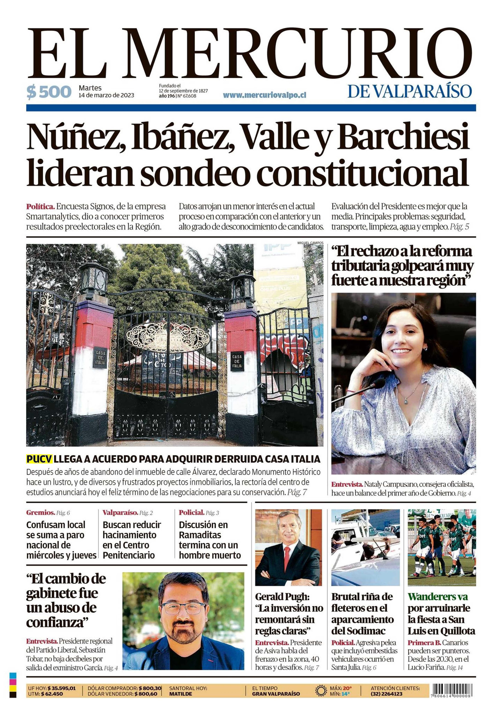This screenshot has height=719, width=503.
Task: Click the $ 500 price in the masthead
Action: click(49, 92)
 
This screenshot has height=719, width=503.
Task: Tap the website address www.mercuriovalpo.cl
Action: click(264, 95)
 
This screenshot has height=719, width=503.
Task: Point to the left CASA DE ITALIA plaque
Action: click(100, 359)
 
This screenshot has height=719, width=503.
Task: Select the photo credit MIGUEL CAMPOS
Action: click(310, 243)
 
